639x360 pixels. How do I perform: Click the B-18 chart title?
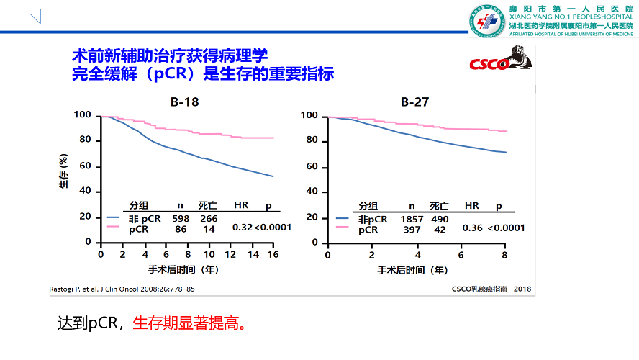(x=185, y=102)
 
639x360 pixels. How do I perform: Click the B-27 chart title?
(x=415, y=102)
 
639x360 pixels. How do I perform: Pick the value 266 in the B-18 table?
(x=209, y=218)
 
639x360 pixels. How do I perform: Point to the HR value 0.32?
(x=243, y=228)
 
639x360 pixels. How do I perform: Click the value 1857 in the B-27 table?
(x=412, y=218)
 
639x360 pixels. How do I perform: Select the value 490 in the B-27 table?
(x=440, y=218)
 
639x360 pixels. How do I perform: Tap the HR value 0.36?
(x=472, y=228)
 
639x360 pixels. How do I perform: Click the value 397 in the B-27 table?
(x=412, y=230)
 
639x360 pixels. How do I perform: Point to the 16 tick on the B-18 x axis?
(x=273, y=255)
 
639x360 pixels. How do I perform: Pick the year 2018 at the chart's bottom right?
(x=522, y=289)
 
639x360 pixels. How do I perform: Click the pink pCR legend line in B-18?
(x=114, y=227)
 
